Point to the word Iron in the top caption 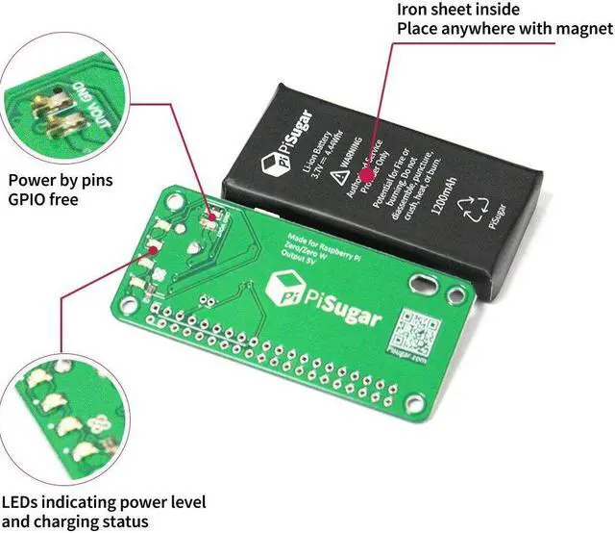coord(414,10)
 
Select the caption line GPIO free coord(42,200)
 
